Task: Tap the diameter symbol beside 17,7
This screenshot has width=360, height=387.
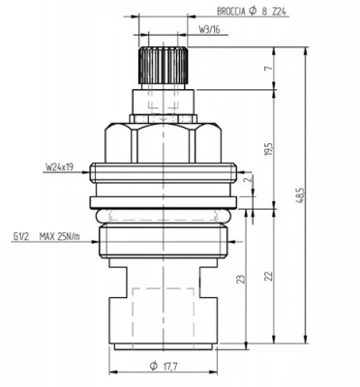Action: [153, 367]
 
